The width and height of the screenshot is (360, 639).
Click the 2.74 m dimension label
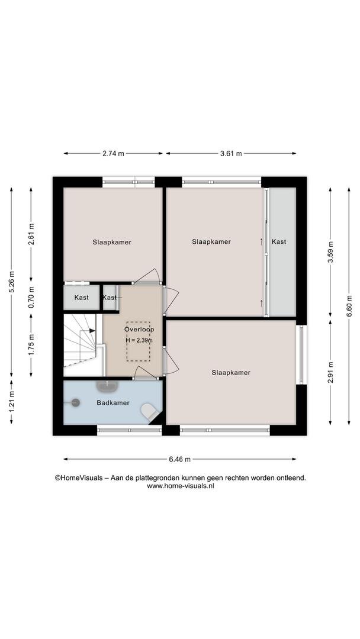tap(113, 154)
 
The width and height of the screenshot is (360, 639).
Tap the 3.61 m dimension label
tap(231, 154)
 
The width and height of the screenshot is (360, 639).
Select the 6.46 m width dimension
tap(180, 459)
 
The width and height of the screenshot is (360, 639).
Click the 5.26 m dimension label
tap(11, 282)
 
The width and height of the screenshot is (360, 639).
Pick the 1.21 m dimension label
tap(11, 402)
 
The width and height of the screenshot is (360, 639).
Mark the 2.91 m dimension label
tap(330, 373)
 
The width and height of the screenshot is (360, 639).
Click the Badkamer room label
tap(113, 403)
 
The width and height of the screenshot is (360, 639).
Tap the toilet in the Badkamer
tap(150, 412)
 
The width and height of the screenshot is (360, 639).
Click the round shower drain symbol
tap(75, 403)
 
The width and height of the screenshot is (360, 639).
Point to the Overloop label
tap(139, 329)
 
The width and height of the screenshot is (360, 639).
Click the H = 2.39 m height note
tap(139, 340)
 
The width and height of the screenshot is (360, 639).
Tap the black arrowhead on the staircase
tap(93, 331)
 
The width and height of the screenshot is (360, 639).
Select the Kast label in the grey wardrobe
tap(279, 241)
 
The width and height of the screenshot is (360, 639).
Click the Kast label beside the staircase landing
tap(110, 298)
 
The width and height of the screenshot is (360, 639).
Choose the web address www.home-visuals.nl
tap(181, 486)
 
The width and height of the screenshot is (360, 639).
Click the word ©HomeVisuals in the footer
tap(79, 478)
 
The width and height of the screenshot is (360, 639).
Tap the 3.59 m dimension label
tap(330, 253)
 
